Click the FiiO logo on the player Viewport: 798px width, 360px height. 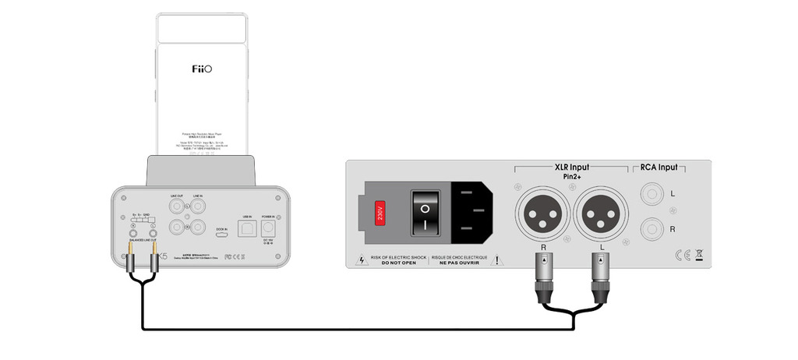(202, 69)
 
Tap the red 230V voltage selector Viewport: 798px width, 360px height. (380, 211)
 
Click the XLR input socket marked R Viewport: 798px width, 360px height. (544, 212)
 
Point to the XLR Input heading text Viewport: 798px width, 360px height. (571, 167)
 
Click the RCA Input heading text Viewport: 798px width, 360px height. (659, 167)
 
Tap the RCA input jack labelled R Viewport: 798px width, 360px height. (651, 230)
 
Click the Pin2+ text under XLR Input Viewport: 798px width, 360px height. (571, 178)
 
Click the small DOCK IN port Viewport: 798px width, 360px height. (221, 235)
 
